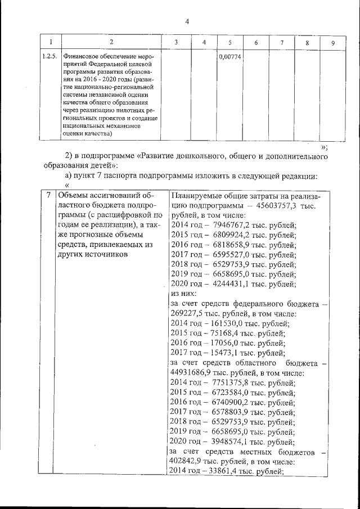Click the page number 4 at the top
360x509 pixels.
(x=187, y=22)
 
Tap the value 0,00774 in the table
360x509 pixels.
(x=229, y=57)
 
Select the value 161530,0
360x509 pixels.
(x=222, y=323)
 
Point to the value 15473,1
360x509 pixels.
(x=220, y=353)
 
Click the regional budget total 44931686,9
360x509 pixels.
(x=193, y=373)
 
